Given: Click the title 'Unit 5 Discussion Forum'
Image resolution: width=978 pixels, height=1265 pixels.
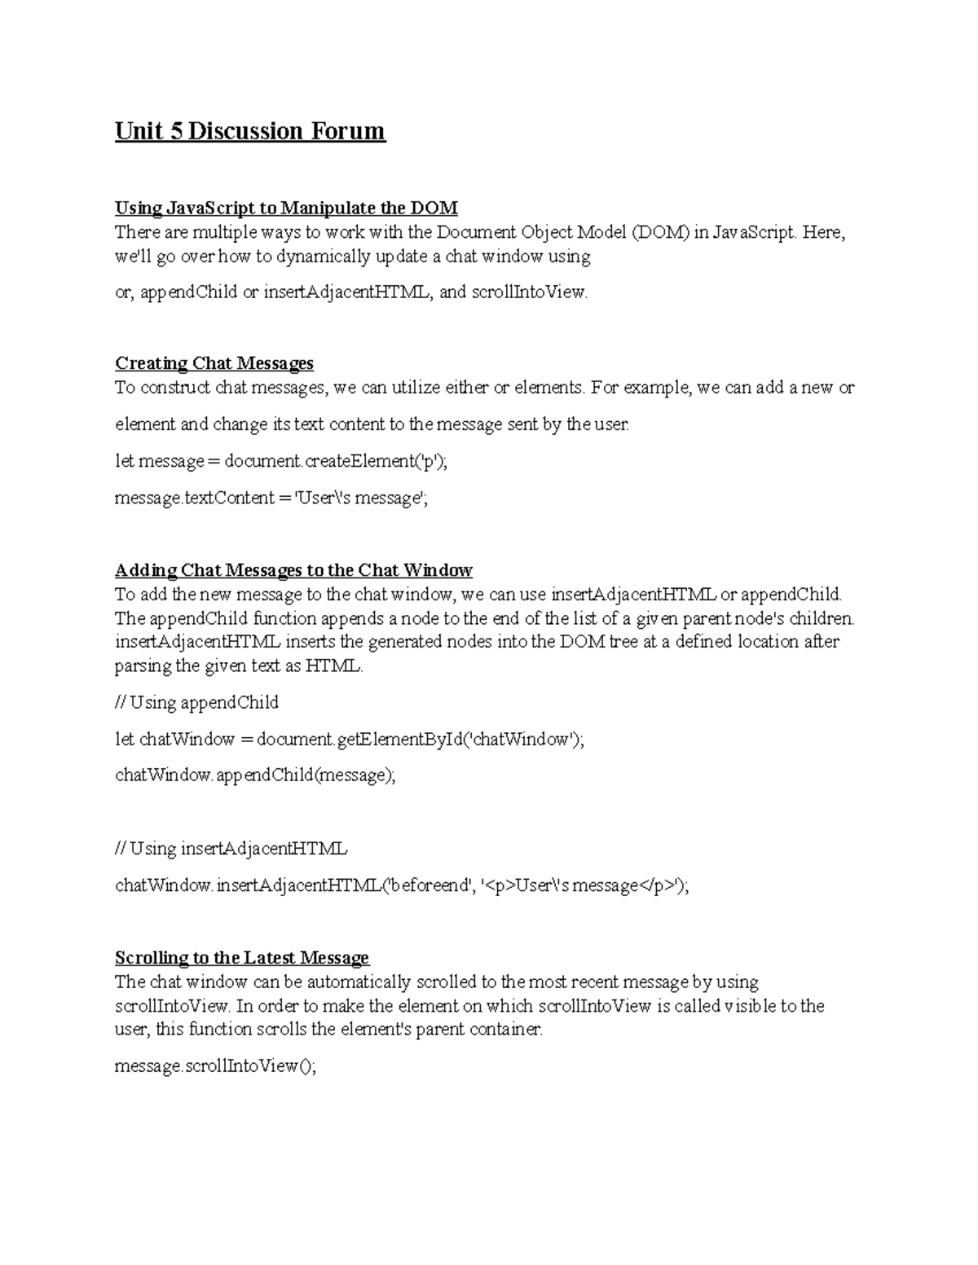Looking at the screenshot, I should click(249, 131).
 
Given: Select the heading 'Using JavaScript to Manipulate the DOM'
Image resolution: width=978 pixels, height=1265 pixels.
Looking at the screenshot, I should click(286, 208).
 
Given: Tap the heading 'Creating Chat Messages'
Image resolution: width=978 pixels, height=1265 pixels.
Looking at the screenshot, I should click(214, 363).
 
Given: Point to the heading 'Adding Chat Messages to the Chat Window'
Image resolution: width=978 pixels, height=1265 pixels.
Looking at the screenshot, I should click(293, 570).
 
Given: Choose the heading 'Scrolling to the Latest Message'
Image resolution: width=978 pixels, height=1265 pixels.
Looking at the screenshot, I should click(242, 958).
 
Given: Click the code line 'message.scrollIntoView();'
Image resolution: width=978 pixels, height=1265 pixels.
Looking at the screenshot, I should click(215, 1066).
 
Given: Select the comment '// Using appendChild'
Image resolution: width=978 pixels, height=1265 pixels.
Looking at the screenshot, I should click(197, 703).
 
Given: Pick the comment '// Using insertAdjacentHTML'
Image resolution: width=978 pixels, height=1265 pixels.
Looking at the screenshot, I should click(231, 849).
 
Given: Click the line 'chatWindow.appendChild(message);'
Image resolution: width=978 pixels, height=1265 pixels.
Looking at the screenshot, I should click(255, 775).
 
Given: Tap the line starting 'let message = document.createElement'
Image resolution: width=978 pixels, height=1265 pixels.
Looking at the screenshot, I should click(281, 462).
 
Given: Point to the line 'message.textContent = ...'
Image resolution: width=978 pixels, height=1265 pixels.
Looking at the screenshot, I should click(271, 499).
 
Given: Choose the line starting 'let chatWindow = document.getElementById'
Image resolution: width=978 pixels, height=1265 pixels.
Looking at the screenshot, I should click(350, 740).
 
